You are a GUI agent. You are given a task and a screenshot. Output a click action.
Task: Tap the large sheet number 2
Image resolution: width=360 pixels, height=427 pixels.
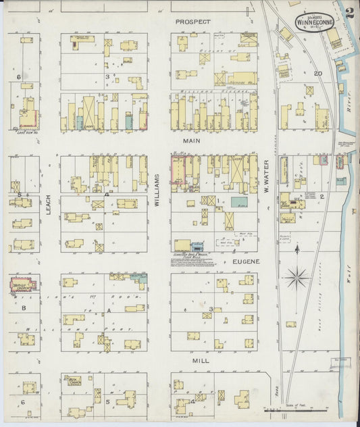349,11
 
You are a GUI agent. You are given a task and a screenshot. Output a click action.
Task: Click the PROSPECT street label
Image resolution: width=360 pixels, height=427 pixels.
192,22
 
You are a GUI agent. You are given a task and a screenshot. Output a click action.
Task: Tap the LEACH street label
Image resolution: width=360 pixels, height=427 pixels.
49,205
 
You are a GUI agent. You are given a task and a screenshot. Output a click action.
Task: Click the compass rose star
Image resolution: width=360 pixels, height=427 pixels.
297,276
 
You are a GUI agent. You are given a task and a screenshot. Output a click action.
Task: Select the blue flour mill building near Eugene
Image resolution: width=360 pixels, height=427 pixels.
198,247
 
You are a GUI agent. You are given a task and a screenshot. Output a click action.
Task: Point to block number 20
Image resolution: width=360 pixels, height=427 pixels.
317,74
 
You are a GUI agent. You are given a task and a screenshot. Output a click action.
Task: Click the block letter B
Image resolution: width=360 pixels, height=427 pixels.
24,308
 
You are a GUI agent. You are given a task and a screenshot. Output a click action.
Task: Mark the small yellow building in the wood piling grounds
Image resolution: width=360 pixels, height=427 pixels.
290,324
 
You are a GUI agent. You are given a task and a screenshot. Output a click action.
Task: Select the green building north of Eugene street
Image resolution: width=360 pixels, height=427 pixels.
238,202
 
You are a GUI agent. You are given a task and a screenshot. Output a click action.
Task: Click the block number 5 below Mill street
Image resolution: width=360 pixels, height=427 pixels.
107,401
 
